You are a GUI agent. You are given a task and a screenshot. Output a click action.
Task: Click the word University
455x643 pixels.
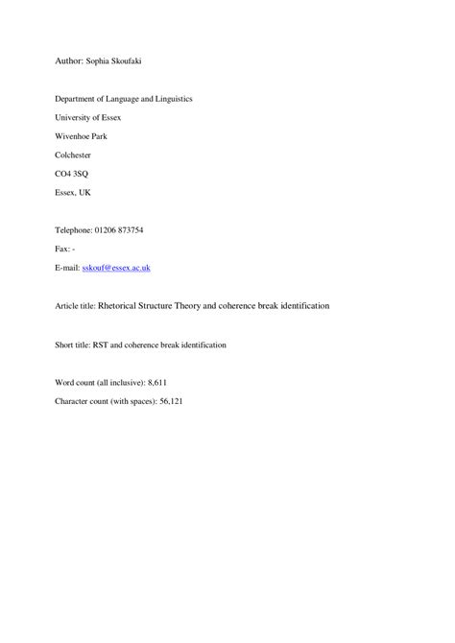pos(76,118)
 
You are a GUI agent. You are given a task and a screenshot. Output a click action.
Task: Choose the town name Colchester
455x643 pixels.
pos(76,155)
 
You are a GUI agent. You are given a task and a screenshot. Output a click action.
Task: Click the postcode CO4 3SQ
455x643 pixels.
pos(72,174)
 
